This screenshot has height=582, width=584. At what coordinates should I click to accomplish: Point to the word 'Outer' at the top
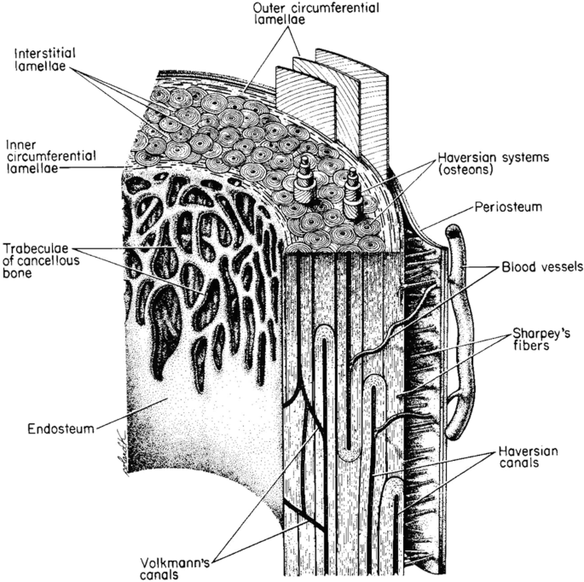[x=270, y=9]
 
